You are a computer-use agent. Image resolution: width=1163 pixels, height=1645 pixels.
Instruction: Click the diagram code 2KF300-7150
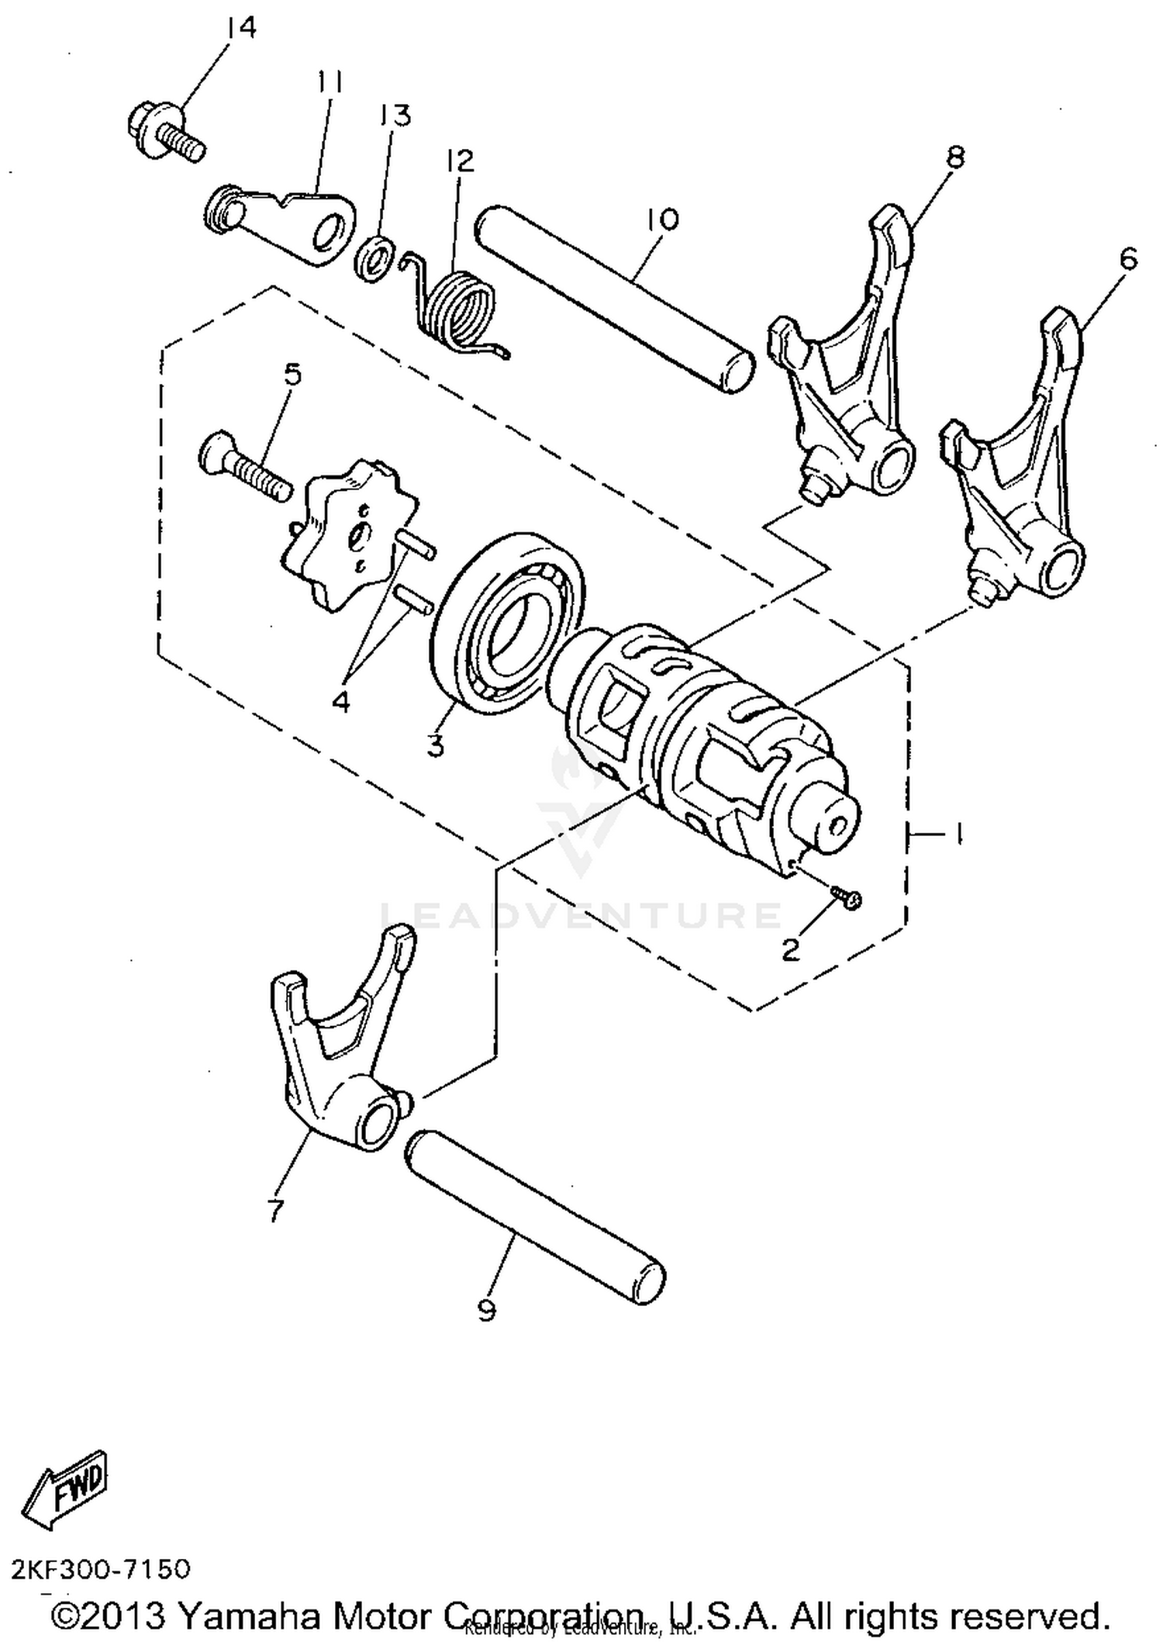pyautogui.click(x=101, y=1570)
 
